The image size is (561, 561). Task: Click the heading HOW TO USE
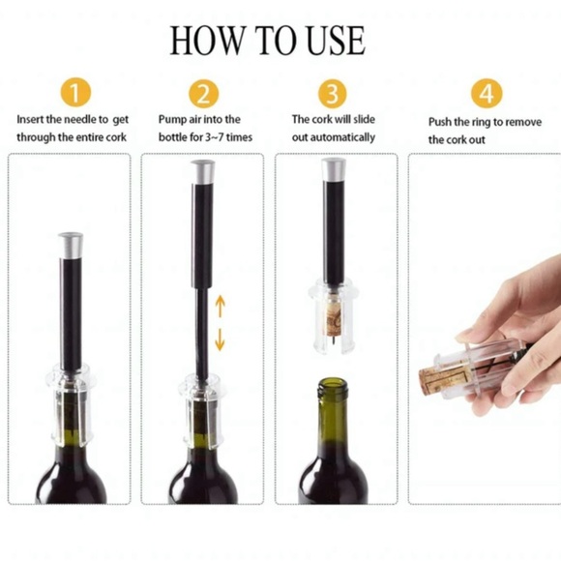click(268, 41)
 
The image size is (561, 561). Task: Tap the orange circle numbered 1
click(74, 94)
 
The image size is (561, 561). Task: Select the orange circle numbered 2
click(203, 94)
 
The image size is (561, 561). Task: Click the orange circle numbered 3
click(333, 94)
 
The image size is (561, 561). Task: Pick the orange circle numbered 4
click(487, 94)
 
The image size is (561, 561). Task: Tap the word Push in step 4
click(441, 122)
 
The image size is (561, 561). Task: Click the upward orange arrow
click(220, 308)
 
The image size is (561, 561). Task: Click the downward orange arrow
click(220, 339)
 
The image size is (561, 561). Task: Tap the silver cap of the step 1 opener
click(71, 244)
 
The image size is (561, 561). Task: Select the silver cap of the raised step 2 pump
click(204, 173)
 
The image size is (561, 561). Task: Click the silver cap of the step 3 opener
click(335, 167)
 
